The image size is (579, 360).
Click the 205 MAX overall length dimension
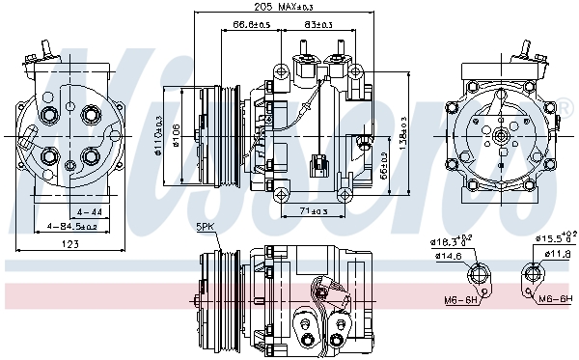275,8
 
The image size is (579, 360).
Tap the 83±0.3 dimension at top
317,24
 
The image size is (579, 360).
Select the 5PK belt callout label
207,227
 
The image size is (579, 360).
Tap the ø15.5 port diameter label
553,237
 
